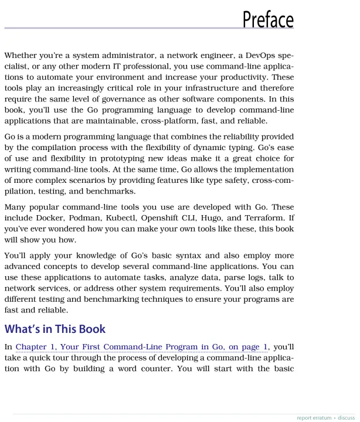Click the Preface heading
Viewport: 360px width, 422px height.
click(267, 19)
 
